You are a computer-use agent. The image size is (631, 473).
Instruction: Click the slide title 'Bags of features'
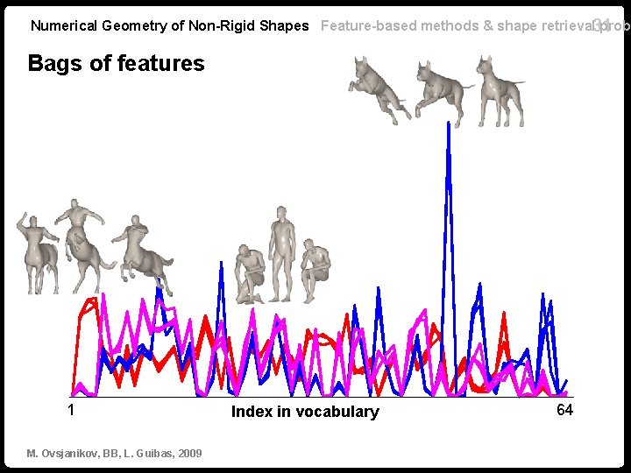click(x=116, y=63)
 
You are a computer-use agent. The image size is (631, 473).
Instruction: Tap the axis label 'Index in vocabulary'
click(x=305, y=412)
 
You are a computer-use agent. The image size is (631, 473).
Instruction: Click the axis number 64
click(x=564, y=410)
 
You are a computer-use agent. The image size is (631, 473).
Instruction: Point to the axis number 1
click(x=71, y=410)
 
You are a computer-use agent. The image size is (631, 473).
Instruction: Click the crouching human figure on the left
click(x=250, y=273)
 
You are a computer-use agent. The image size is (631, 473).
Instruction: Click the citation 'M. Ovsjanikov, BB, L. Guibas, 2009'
click(x=114, y=453)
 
